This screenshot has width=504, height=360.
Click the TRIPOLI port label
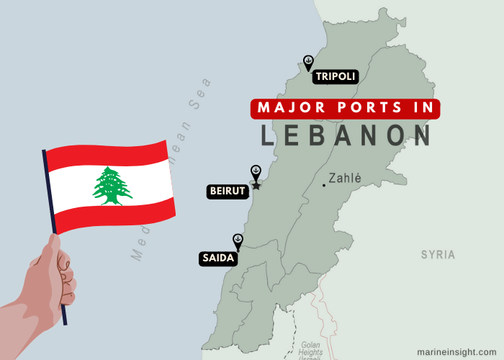(335, 76)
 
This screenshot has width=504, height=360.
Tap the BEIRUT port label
(228, 192)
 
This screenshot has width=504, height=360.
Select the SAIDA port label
(217, 258)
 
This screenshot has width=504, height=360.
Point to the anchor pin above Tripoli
(308, 63)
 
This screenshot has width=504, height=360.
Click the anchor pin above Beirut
(255, 172)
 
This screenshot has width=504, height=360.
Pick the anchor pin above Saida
(238, 240)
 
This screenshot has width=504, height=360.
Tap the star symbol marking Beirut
(256, 186)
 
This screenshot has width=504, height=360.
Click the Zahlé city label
(345, 178)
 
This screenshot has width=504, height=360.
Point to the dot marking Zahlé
(324, 185)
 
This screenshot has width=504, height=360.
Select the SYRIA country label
(438, 254)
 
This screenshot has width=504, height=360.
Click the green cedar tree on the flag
(112, 186)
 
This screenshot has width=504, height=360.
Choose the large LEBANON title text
(346, 135)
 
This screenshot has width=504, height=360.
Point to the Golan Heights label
(310, 349)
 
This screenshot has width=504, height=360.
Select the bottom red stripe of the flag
(115, 215)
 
